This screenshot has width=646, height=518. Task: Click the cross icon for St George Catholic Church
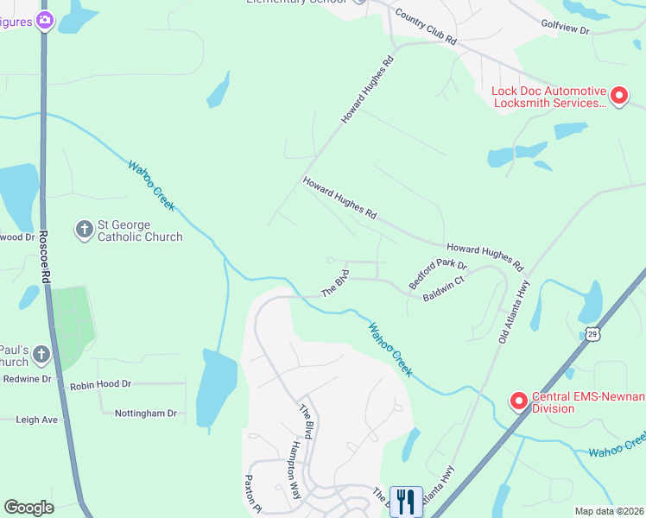tap(85, 229)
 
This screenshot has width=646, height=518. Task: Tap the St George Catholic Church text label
tap(140, 231)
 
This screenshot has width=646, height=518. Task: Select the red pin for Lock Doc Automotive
tap(618, 97)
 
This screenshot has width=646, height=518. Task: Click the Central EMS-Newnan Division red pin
tap(518, 401)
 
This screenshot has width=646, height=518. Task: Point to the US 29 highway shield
tap(591, 333)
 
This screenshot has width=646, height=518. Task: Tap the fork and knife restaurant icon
tap(405, 501)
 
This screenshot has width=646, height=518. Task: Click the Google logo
tap(28, 508)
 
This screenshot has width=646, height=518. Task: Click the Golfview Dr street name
tap(566, 30)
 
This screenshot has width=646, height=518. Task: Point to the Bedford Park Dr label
tap(438, 274)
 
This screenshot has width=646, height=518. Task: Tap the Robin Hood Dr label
tap(100, 384)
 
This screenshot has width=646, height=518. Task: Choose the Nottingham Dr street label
tap(145, 414)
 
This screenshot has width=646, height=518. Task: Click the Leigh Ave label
tap(36, 420)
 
